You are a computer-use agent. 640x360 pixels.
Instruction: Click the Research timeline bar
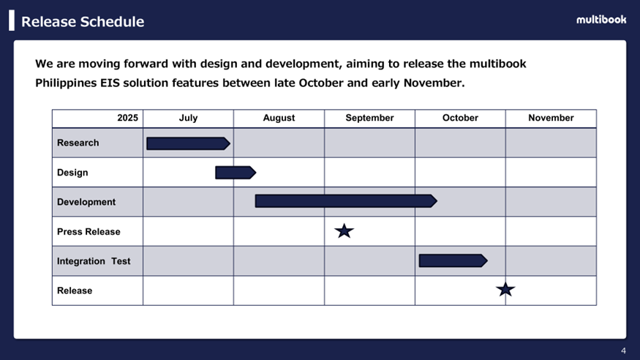pos(188,143)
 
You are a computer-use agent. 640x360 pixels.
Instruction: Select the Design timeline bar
pos(236,173)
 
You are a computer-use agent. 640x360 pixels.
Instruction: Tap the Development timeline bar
pos(346,200)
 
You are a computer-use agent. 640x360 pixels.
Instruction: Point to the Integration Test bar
pos(453,260)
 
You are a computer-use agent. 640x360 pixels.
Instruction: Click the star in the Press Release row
pos(344,231)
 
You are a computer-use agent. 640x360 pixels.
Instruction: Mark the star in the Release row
pos(505,289)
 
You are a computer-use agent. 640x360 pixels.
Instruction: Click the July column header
pos(188,118)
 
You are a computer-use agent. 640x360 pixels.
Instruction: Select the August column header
pos(279,118)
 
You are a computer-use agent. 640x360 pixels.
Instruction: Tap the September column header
pos(369,118)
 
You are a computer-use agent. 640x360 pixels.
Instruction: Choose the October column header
pos(460,118)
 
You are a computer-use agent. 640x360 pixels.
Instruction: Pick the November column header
pos(551,118)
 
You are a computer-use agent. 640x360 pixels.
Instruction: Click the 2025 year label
pos(128,118)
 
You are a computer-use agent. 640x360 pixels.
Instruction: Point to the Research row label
pos(78,143)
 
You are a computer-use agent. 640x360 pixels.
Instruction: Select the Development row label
pos(86,202)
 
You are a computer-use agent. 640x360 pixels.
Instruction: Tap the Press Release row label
pos(89,232)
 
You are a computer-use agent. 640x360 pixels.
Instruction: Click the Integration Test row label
pos(94,261)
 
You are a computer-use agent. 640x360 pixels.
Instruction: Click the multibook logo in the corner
pos(601,20)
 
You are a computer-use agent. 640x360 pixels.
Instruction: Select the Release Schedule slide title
pos(83,22)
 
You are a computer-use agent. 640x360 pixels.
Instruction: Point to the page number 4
pos(623,350)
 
